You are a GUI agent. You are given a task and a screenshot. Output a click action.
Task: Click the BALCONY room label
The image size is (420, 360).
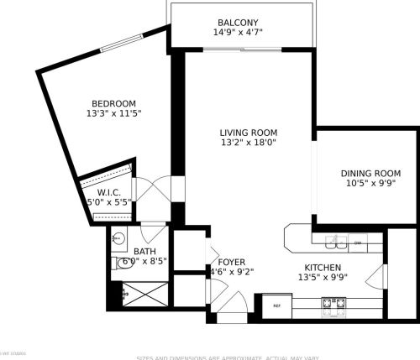pos(238,23)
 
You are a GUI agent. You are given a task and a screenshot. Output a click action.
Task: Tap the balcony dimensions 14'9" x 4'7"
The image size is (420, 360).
pos(238,34)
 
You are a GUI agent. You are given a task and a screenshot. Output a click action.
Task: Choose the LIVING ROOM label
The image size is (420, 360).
pos(248,133)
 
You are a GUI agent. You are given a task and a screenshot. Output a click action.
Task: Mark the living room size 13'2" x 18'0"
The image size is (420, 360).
pos(248,143)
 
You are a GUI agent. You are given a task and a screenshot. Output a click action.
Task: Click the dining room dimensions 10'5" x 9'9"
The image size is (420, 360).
pos(365,184)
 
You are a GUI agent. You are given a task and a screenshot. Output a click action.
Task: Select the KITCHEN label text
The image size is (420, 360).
pos(323,266)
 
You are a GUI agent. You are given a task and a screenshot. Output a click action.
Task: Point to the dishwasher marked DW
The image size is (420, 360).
pos(357,243)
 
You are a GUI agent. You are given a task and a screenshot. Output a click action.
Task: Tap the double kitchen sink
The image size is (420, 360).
pos(335,243)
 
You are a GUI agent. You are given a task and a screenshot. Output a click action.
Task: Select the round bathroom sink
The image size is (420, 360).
pos(119,238)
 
